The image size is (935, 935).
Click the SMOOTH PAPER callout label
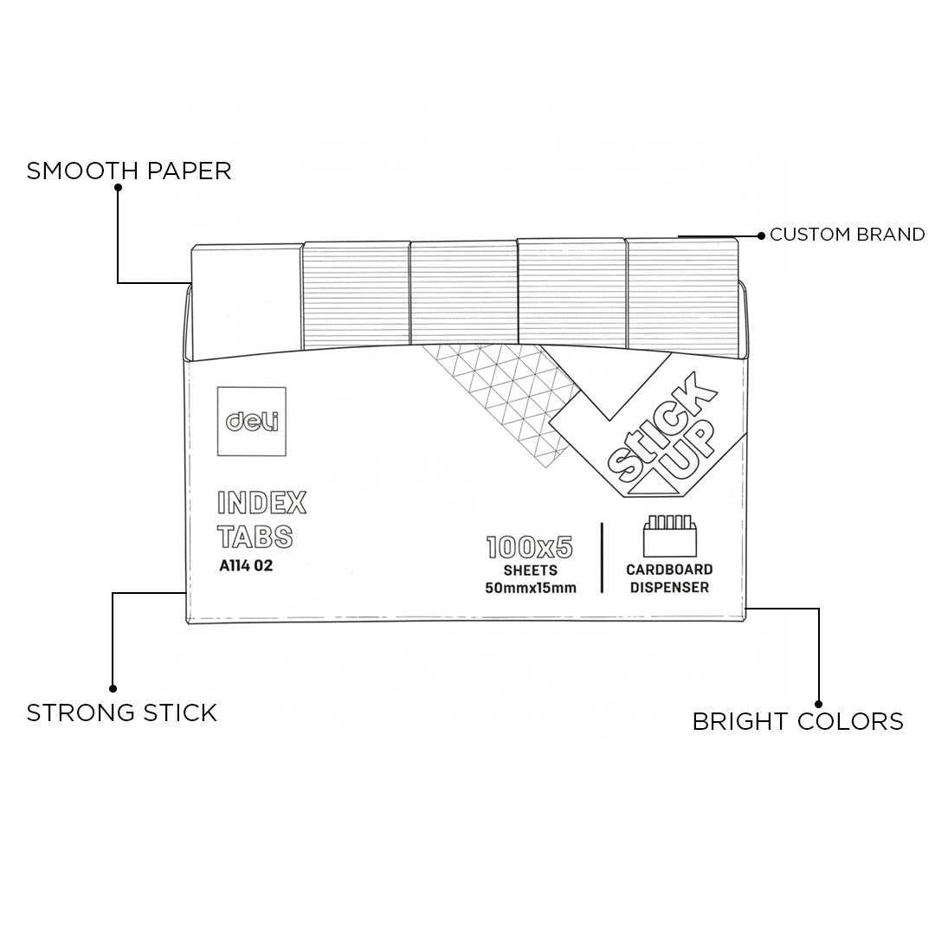[x=129, y=171]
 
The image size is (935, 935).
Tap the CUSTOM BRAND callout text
[x=847, y=235]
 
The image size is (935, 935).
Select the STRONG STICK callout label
[x=121, y=713]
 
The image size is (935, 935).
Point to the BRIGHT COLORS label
[x=797, y=721]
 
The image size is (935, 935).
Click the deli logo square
[x=252, y=422]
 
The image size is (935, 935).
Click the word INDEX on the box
[x=261, y=503]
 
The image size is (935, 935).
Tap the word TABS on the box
[x=255, y=538]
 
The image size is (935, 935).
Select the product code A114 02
[x=252, y=568]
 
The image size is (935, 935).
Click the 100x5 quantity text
[x=530, y=547]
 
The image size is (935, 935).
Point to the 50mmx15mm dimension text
[x=531, y=588]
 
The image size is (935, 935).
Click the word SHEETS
[x=530, y=571]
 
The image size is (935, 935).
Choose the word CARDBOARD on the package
[x=669, y=570]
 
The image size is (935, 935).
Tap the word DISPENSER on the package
[x=669, y=588]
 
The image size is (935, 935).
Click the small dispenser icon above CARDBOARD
[x=669, y=537]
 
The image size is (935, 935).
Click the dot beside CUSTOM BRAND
[x=761, y=235]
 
